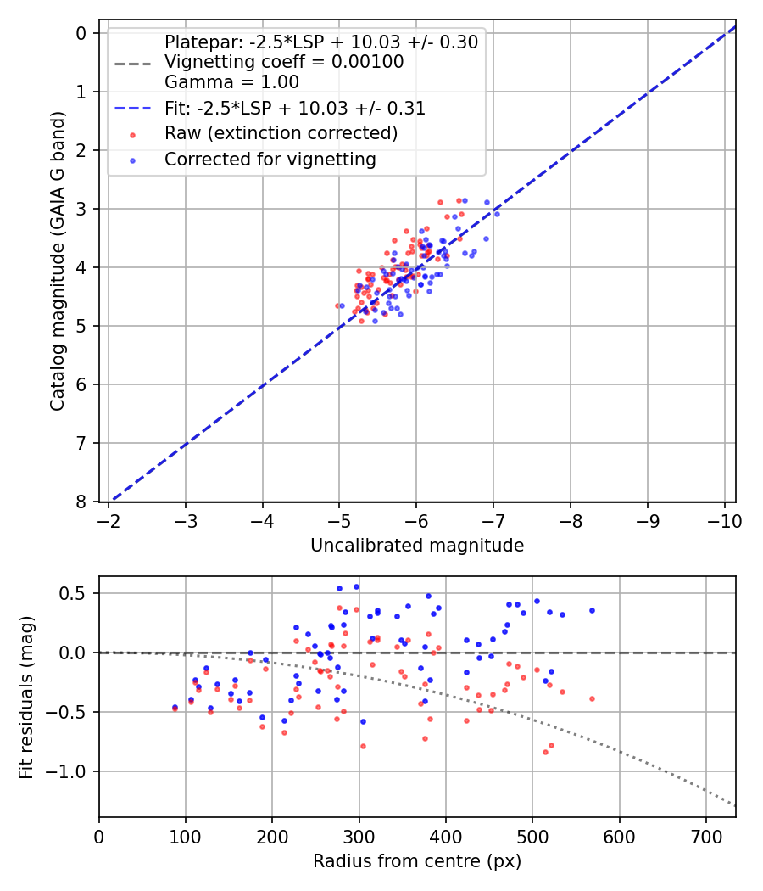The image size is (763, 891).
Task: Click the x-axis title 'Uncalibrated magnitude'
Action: [x=417, y=546]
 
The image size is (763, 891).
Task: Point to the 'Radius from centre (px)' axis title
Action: [x=417, y=861]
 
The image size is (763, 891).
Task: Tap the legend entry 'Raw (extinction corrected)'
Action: [x=281, y=133]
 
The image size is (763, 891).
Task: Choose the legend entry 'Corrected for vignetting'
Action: [x=270, y=159]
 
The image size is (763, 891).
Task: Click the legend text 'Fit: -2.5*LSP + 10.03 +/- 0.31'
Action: [x=295, y=108]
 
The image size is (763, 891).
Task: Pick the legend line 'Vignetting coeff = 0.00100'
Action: [x=284, y=62]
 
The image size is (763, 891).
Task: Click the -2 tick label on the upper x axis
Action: [x=109, y=518]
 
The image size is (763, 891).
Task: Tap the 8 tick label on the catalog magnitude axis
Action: [x=81, y=502]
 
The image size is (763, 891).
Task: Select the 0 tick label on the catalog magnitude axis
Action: [x=81, y=33]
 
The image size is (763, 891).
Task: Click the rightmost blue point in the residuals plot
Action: [x=592, y=610]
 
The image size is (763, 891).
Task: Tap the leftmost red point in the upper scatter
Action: [x=337, y=305]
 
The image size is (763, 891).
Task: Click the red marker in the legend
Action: [x=131, y=133]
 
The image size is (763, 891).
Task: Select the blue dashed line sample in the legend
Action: [x=131, y=108]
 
